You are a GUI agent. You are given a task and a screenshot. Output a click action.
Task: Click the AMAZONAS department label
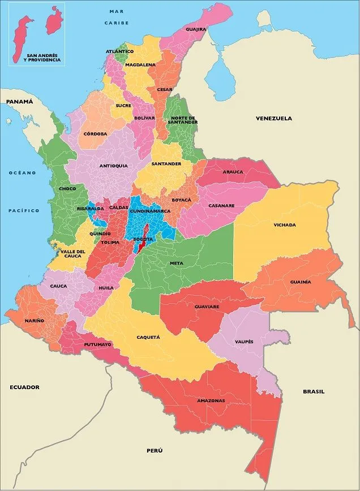click(x=211, y=400)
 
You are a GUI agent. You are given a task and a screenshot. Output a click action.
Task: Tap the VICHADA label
click(x=284, y=225)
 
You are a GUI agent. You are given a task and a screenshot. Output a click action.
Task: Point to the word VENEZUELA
click(x=273, y=119)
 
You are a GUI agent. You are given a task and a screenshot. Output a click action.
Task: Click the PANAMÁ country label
click(x=20, y=101)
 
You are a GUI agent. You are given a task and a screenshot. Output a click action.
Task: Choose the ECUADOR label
click(x=24, y=387)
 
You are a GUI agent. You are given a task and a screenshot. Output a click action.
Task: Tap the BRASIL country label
click(x=314, y=391)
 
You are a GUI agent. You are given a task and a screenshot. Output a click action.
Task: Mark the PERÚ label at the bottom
click(x=155, y=450)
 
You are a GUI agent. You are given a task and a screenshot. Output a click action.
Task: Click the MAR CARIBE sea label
click(x=117, y=17)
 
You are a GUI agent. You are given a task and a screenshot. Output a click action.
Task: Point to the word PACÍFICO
click(x=24, y=210)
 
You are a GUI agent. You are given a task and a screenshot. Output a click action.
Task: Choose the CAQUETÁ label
click(x=148, y=337)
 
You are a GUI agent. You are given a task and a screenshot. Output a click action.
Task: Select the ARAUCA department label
click(x=232, y=172)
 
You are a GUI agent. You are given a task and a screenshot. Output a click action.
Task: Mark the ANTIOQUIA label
click(x=113, y=166)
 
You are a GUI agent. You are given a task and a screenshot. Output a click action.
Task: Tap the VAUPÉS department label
click(x=245, y=342)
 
